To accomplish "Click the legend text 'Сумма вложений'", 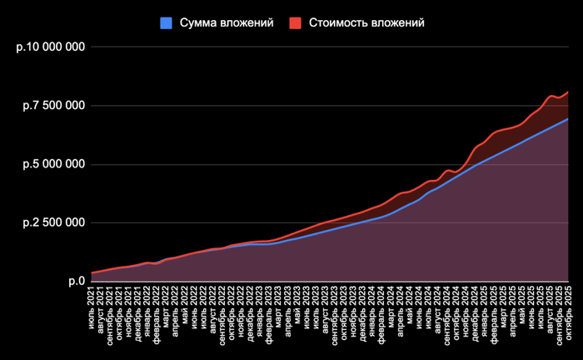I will coord(227,22).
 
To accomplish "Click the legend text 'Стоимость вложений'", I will coord(367,22).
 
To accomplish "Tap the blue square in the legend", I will coord(166,23).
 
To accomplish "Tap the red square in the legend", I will coord(296,23).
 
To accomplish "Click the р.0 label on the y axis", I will coord(76,282).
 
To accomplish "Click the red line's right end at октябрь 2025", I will coord(569,91).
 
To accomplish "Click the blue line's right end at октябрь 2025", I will coord(569,119).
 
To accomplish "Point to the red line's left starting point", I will coord(92,272).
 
